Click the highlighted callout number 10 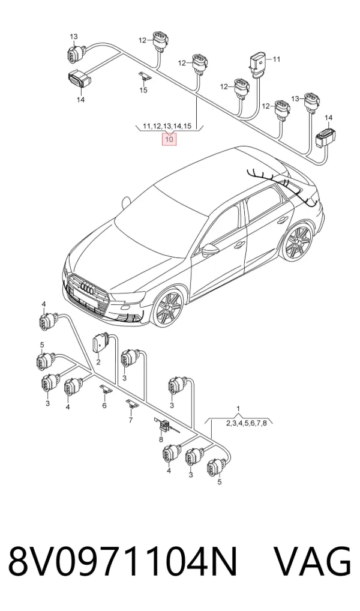pyautogui.click(x=169, y=139)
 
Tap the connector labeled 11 pyautogui.click(x=257, y=64)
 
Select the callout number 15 pyautogui.click(x=143, y=91)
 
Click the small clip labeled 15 pyautogui.click(x=145, y=77)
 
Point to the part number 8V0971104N pyautogui.click(x=123, y=562)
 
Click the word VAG pyautogui.click(x=313, y=562)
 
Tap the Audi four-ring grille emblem pyautogui.click(x=87, y=289)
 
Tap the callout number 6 pyautogui.click(x=104, y=405)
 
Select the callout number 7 pyautogui.click(x=131, y=420)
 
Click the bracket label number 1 pyautogui.click(x=239, y=408)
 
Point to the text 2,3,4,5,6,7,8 pyautogui.click(x=246, y=423)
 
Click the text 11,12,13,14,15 pyautogui.click(x=167, y=126)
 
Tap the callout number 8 pyautogui.click(x=161, y=439)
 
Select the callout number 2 pyautogui.click(x=98, y=363)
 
